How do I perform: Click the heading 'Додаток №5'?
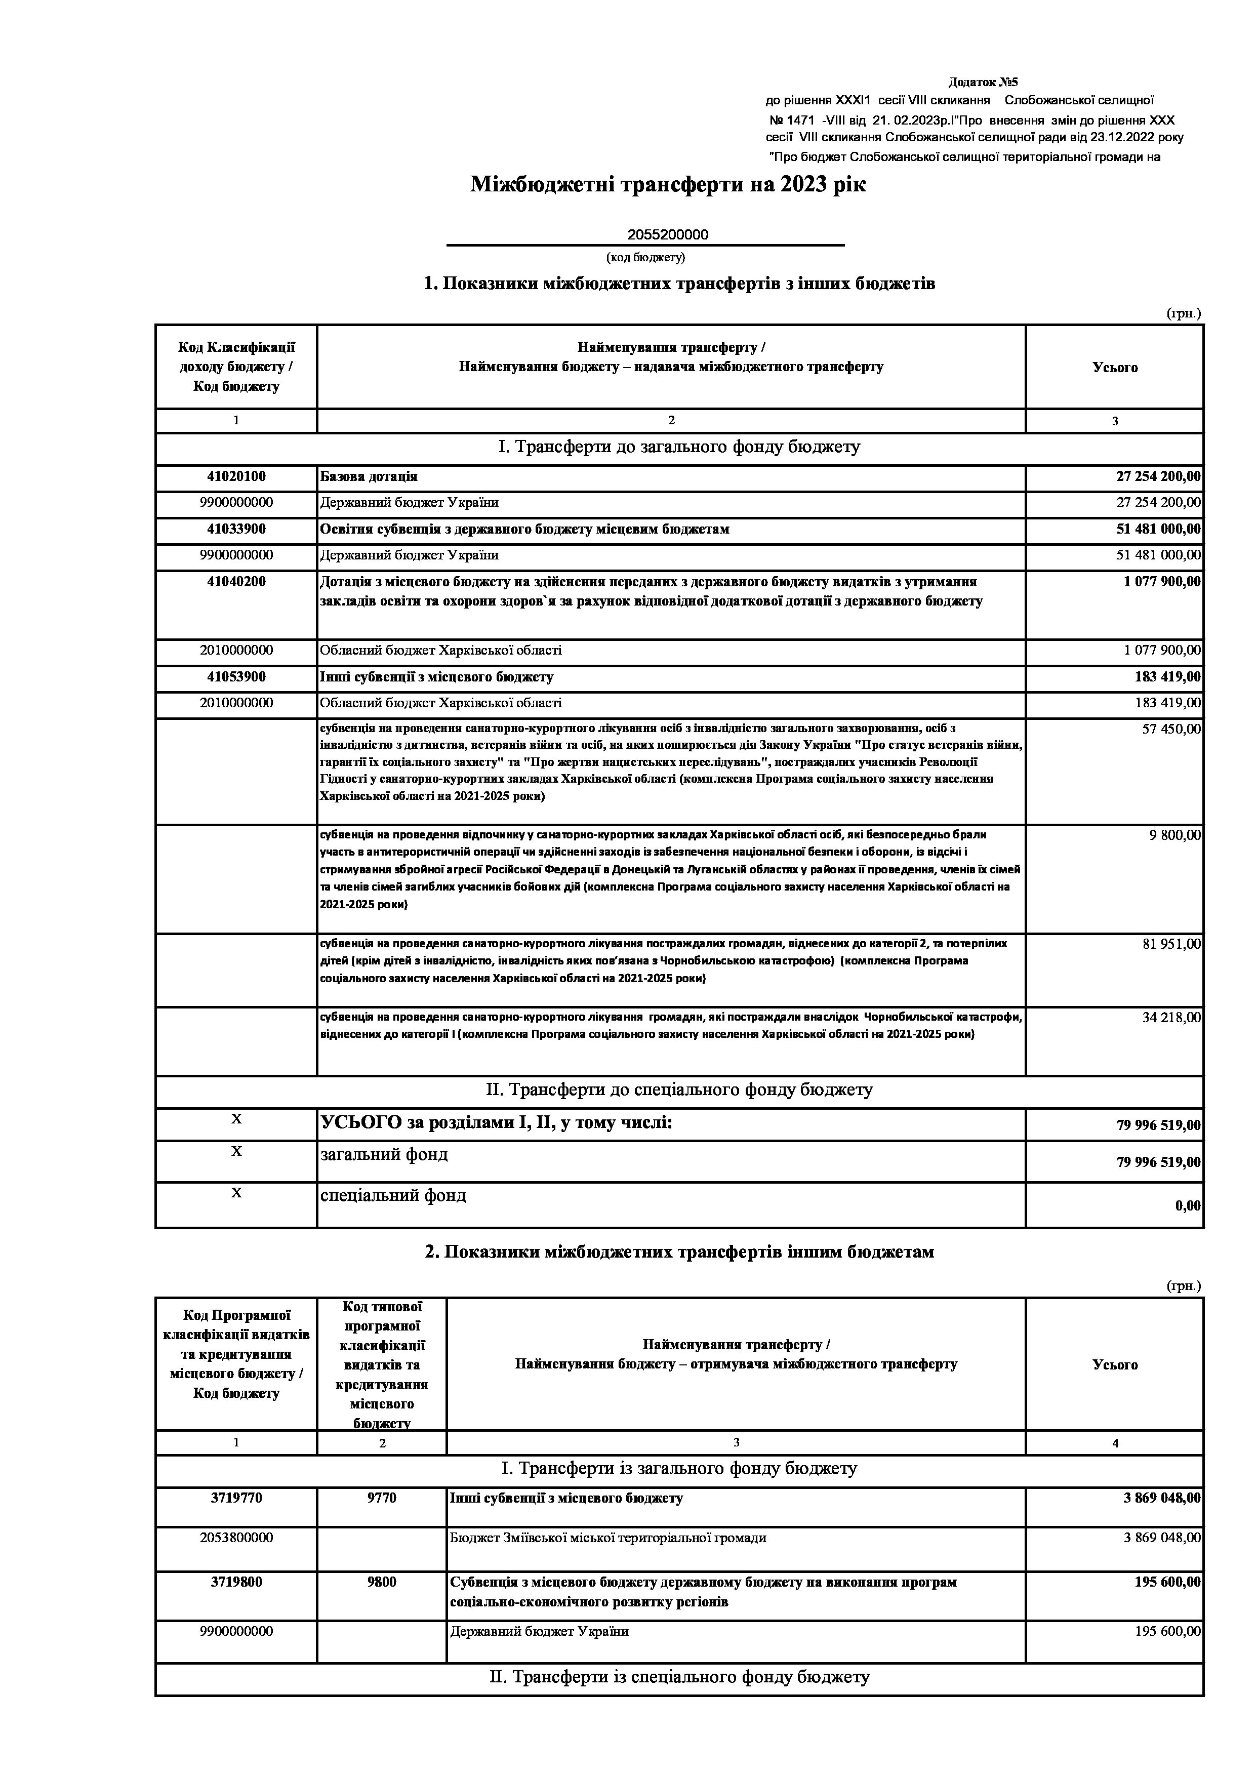click(983, 82)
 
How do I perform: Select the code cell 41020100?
click(236, 476)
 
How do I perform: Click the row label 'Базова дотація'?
click(369, 476)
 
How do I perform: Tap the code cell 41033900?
click(236, 529)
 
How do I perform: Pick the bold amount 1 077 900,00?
click(1162, 582)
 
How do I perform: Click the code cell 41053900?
click(236, 677)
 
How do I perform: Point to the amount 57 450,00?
click(1171, 729)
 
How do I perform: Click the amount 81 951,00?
click(1171, 944)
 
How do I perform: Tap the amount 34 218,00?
click(1171, 1017)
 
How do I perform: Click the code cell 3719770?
click(236, 1498)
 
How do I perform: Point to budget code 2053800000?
click(236, 1538)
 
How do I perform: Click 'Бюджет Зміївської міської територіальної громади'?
click(608, 1538)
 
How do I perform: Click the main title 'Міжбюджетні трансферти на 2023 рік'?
click(668, 185)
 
